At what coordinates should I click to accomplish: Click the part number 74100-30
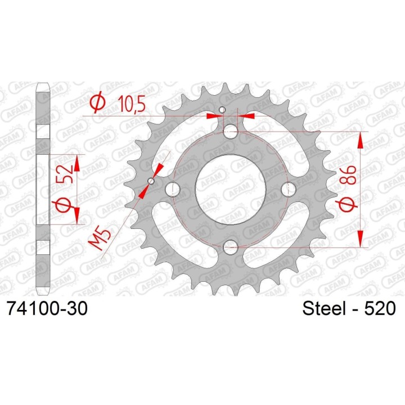48,308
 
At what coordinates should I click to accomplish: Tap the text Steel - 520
349,308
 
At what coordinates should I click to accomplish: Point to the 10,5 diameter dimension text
132,103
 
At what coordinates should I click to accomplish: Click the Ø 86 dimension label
348,189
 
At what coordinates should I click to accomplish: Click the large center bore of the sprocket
230,189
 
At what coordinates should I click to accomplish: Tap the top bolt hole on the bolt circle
231,132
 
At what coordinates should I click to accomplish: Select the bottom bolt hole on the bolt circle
231,246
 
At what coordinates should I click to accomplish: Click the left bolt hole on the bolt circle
173,189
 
